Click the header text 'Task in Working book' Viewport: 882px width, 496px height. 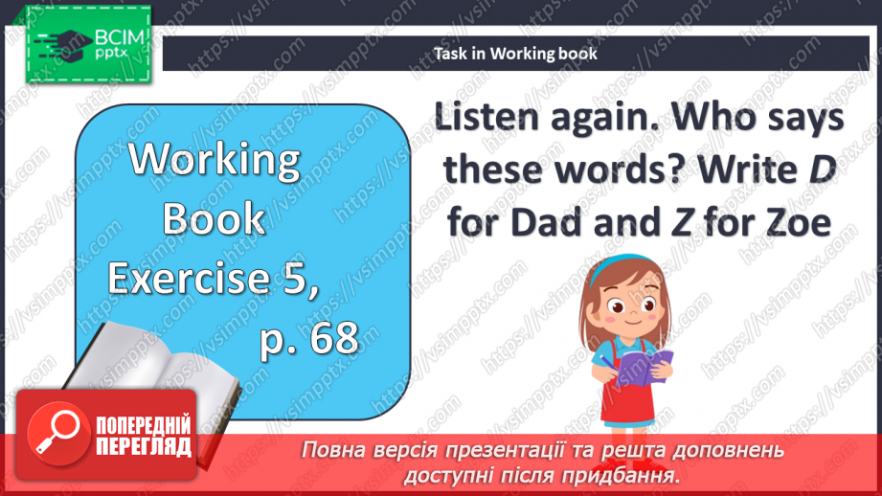(515, 54)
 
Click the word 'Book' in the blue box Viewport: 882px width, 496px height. (215, 218)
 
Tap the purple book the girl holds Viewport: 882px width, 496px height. (645, 368)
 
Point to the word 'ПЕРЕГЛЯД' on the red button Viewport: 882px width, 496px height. (144, 446)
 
